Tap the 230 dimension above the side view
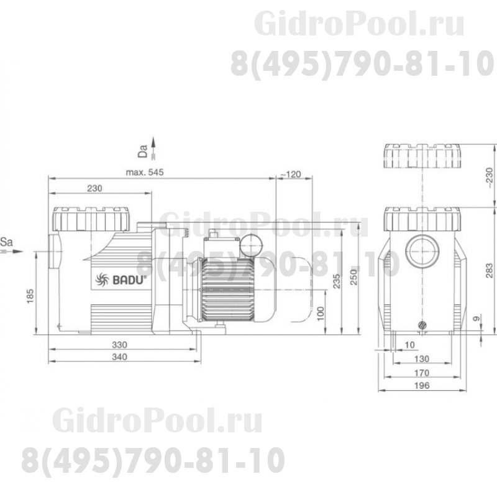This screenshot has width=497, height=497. pyautogui.click(x=94, y=188)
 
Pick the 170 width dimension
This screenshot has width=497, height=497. pyautogui.click(x=422, y=373)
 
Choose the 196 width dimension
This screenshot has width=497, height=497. pyautogui.click(x=422, y=386)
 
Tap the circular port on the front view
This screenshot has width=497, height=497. pyautogui.click(x=422, y=250)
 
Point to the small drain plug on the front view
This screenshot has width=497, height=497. pyautogui.click(x=422, y=324)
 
